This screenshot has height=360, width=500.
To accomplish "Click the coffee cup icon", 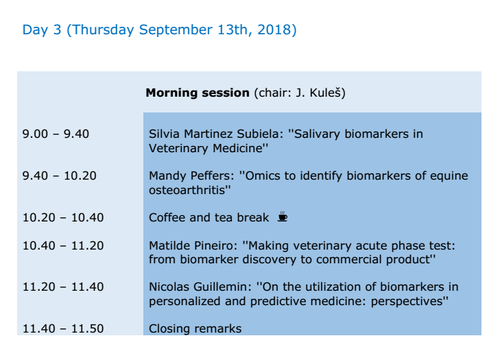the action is (x=282, y=217).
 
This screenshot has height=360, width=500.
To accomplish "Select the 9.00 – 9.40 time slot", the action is (x=56, y=134).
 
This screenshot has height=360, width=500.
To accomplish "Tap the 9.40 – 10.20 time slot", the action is (x=59, y=176).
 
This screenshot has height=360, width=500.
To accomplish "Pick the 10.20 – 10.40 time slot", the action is (x=63, y=217).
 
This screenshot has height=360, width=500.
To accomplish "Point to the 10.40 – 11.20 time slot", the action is (x=63, y=245).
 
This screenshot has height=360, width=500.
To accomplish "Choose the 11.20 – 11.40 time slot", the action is (x=63, y=287).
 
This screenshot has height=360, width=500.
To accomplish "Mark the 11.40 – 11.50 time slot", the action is (x=63, y=328).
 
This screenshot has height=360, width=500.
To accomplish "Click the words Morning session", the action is (x=198, y=93).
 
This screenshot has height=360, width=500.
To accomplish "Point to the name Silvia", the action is (x=164, y=134).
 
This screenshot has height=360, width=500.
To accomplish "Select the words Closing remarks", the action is (x=195, y=328).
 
